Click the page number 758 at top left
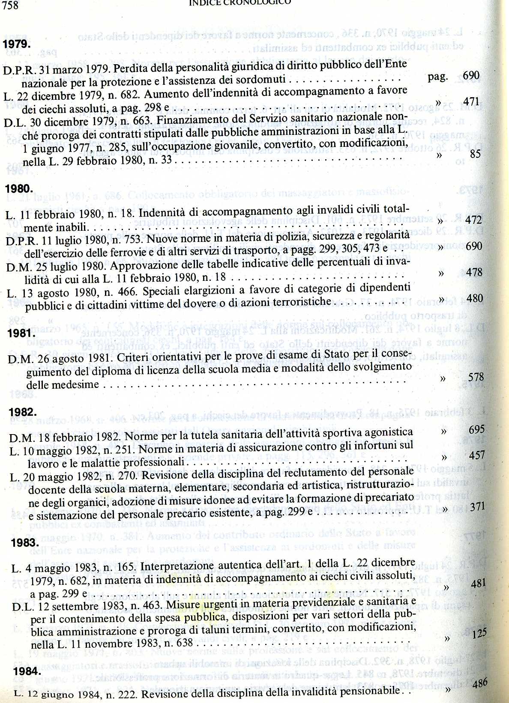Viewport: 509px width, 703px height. point(11,4)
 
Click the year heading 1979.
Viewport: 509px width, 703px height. point(16,45)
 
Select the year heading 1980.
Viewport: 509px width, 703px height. point(19,189)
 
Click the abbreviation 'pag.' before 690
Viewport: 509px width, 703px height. point(437,77)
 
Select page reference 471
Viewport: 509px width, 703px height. point(471,102)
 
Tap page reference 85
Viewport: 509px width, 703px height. point(475,154)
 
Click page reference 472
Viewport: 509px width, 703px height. point(473,220)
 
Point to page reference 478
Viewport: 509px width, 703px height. point(473,272)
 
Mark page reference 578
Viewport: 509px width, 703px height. point(476,377)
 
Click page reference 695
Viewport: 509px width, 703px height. point(476,429)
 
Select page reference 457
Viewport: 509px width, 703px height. point(476,455)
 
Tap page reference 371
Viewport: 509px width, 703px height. point(477,507)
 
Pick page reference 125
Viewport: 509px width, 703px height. point(479,633)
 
